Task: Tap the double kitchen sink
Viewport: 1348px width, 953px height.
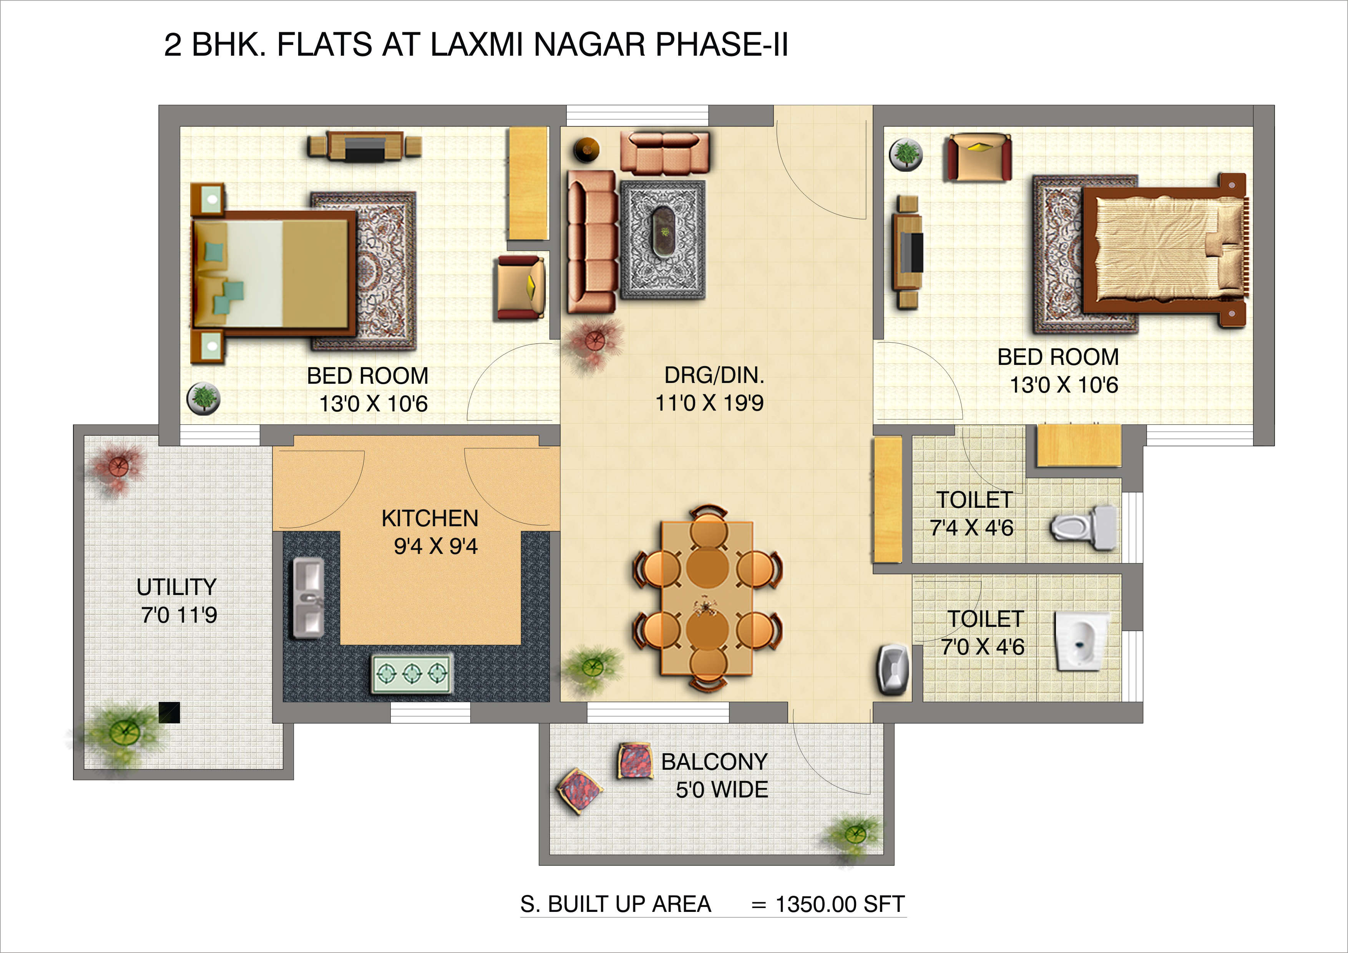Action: pyautogui.click(x=308, y=597)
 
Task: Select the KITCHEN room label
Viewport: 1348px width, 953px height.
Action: pyautogui.click(x=430, y=518)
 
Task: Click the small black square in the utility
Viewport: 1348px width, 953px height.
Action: pyautogui.click(x=169, y=713)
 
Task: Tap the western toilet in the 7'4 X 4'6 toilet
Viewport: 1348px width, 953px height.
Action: pyautogui.click(x=1083, y=527)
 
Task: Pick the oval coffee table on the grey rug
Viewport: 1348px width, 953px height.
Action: pyautogui.click(x=664, y=231)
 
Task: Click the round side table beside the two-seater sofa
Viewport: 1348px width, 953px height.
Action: pyautogui.click(x=586, y=150)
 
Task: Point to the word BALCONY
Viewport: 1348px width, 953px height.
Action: pyautogui.click(x=714, y=762)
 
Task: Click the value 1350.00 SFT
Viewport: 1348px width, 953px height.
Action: pyautogui.click(x=840, y=904)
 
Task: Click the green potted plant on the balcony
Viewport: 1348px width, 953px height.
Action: pyautogui.click(x=854, y=833)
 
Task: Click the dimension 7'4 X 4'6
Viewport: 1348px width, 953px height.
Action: pyautogui.click(x=972, y=528)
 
